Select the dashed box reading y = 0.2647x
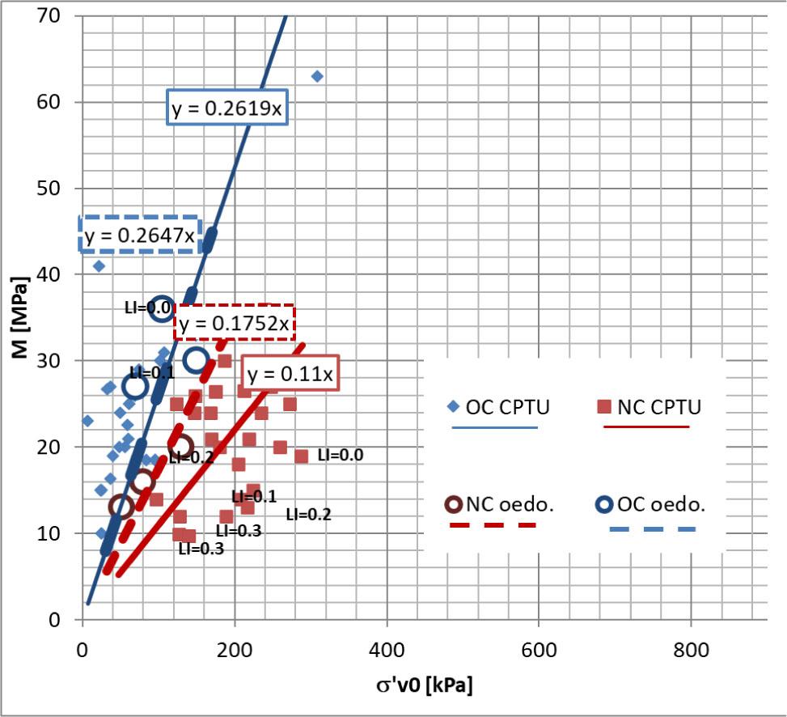tap(139, 235)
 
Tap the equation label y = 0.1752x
tap(234, 324)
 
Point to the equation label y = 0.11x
tap(290, 375)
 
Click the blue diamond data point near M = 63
tap(317, 76)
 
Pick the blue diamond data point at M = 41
tap(99, 265)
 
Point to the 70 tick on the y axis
tap(57, 16)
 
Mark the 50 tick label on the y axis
tap(57, 189)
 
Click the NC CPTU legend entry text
tap(659, 407)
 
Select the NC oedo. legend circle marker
tap(454, 504)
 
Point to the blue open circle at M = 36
tap(162, 308)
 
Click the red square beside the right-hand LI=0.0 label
tap(301, 456)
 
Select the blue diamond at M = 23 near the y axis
tap(87, 421)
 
